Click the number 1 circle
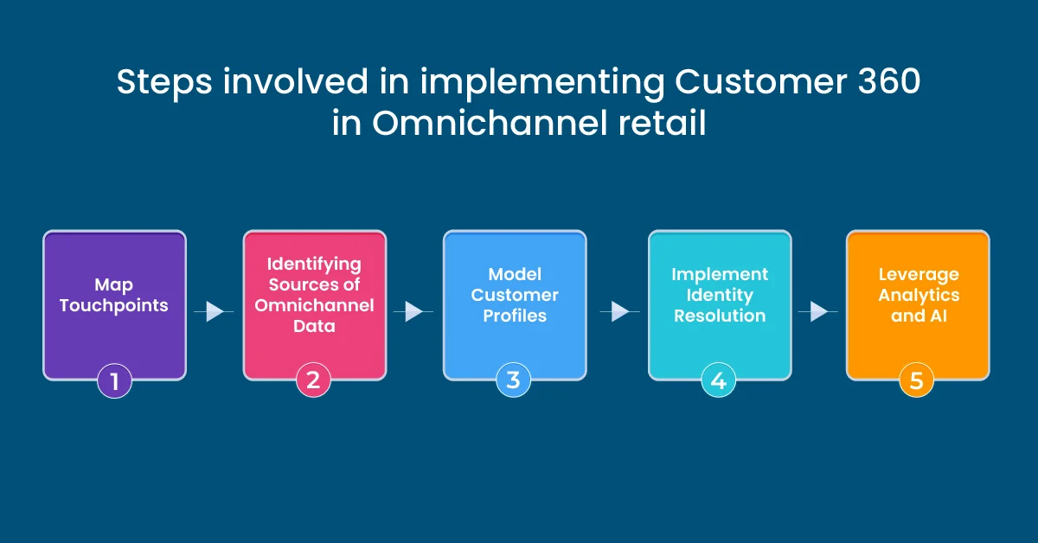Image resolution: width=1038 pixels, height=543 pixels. tap(114, 380)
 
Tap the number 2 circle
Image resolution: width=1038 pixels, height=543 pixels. tap(313, 380)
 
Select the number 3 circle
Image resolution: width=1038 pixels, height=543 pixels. tap(513, 380)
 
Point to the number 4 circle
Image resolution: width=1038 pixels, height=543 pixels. tap(718, 380)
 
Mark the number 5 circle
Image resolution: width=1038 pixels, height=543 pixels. tap(917, 380)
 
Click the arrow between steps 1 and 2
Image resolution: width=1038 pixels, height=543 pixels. tap(214, 311)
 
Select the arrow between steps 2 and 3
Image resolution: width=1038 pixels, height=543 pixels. tap(414, 311)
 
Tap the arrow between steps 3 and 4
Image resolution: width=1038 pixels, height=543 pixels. tap(618, 311)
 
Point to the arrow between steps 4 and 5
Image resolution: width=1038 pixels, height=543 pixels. tap(818, 311)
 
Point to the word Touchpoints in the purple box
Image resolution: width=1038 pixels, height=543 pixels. tap(114, 306)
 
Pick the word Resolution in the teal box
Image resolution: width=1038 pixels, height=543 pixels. tap(720, 316)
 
